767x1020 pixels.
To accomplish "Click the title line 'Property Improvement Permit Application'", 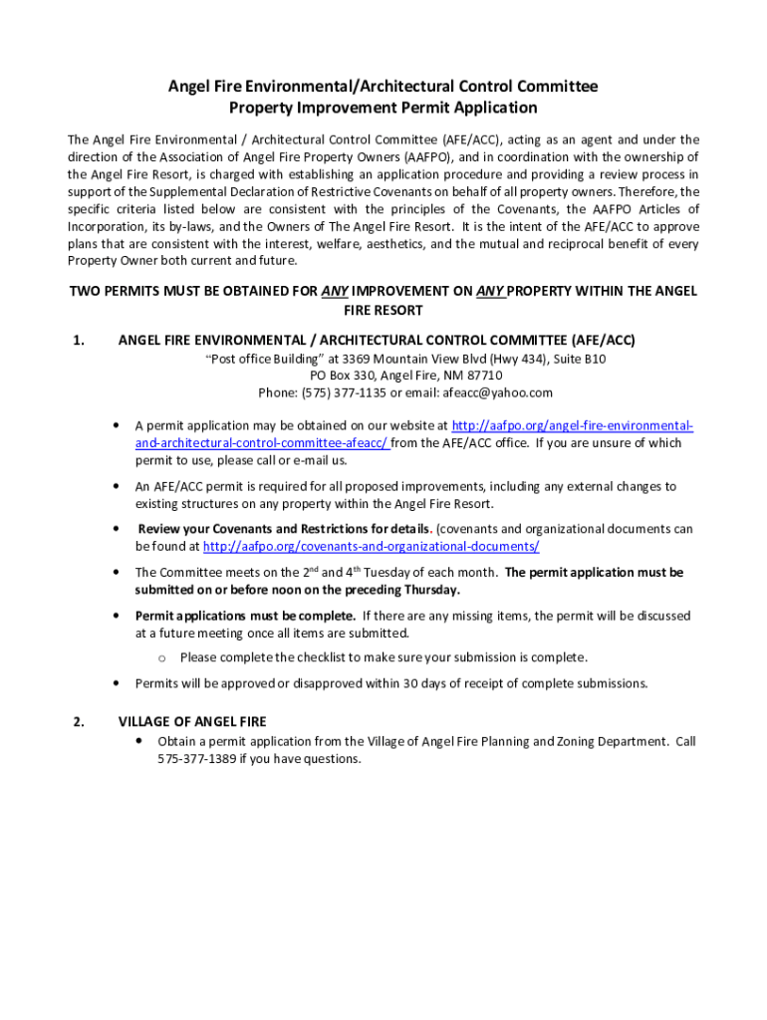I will point(383,108).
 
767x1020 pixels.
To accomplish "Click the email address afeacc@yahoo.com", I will point(498,393).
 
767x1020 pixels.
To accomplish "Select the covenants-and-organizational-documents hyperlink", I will point(371,547).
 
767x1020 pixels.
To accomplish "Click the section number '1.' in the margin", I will point(79,341).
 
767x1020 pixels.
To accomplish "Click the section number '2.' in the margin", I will point(79,722).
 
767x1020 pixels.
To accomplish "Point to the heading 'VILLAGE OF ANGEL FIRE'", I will point(192,722).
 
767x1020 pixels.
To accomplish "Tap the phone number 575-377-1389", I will point(195,759).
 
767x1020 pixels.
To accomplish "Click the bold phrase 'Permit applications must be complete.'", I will point(245,616).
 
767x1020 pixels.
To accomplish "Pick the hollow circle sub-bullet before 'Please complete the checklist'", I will point(160,657).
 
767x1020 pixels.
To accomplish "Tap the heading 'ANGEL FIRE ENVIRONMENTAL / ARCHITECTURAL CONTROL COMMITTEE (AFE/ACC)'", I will point(377,341).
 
